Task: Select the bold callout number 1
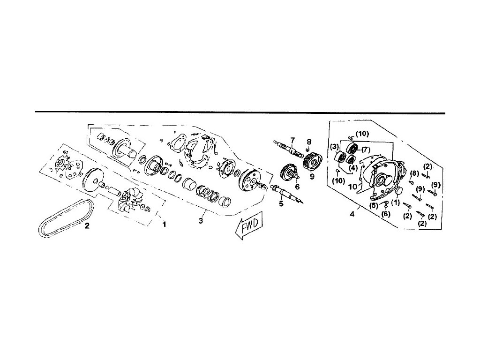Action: point(164,225)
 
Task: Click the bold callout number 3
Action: point(200,221)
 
